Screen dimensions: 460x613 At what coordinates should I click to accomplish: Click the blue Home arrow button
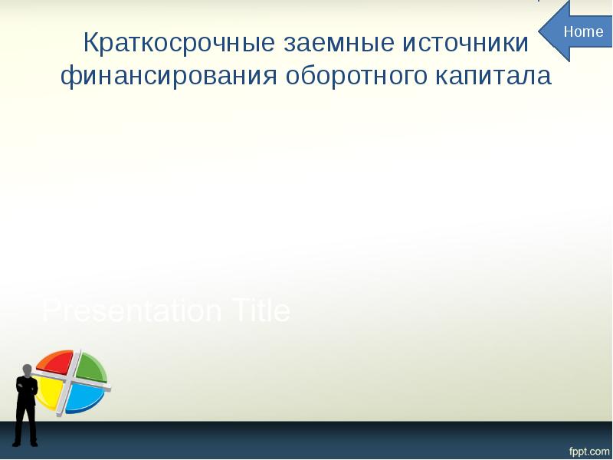click(579, 31)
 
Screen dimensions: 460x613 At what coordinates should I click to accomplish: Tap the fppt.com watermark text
click(588, 446)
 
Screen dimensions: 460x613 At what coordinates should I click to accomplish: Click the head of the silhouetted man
click(28, 370)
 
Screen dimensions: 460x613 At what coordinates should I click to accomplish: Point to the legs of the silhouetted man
click(27, 418)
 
